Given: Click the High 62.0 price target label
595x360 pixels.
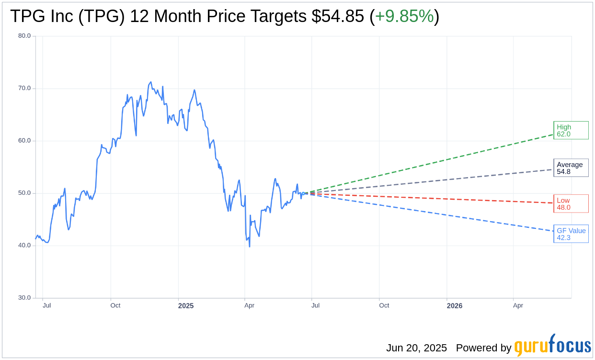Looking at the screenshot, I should pos(571,130).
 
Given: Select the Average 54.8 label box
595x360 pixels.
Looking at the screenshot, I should pos(571,168).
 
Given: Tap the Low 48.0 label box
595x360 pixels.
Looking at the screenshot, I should pos(571,203).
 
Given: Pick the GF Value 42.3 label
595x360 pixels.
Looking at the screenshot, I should pos(571,234).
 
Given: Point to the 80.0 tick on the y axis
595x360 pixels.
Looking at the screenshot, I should pos(24,35).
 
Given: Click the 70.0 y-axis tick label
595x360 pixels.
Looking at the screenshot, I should pos(24,88).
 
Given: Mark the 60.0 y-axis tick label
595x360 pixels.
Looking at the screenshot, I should pos(24,140).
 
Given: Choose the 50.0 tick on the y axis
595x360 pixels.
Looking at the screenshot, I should pos(24,193).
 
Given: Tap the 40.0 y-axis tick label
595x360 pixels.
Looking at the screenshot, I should pos(24,245).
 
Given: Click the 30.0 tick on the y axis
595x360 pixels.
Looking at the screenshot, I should pos(24,297).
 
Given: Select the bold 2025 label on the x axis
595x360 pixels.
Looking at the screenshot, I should pos(186,305).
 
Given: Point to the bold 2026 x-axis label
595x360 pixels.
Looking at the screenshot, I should pos(455,305).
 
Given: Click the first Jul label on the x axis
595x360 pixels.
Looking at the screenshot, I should pos(46,305).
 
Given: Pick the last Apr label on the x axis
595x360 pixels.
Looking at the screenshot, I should pos(518,305).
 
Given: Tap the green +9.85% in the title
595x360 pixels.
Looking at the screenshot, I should pos(404,16).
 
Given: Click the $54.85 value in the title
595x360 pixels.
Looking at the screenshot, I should pos(338,16).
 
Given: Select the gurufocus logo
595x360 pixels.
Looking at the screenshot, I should pos(552,345).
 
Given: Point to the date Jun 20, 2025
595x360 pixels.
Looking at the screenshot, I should pos(416,348).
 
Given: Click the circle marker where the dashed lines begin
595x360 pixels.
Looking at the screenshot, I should pos(303,193).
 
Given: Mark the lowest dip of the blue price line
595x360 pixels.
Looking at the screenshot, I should pos(250,247).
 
